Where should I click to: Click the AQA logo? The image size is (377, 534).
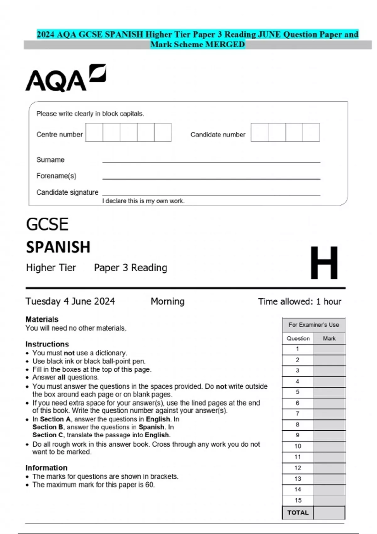(65, 79)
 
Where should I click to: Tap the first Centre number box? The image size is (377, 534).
(94, 132)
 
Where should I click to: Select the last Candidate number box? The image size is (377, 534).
(311, 132)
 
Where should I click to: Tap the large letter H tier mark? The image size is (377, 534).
(324, 263)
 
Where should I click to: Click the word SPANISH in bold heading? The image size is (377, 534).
(58, 247)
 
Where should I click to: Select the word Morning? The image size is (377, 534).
(167, 301)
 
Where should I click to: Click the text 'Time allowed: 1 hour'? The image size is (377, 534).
(299, 302)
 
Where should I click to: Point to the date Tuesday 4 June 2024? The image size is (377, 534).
(70, 301)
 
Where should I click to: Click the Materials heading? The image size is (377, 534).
(42, 319)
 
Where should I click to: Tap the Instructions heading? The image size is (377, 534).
(47, 344)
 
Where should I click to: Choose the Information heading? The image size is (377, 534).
(46, 468)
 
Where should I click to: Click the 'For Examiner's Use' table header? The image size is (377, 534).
(314, 325)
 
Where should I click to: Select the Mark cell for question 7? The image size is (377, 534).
(329, 414)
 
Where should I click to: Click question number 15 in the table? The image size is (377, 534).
(298, 500)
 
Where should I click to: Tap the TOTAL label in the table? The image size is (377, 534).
(298, 513)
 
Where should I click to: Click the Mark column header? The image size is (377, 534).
(329, 338)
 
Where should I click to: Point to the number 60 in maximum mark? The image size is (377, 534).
(149, 485)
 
